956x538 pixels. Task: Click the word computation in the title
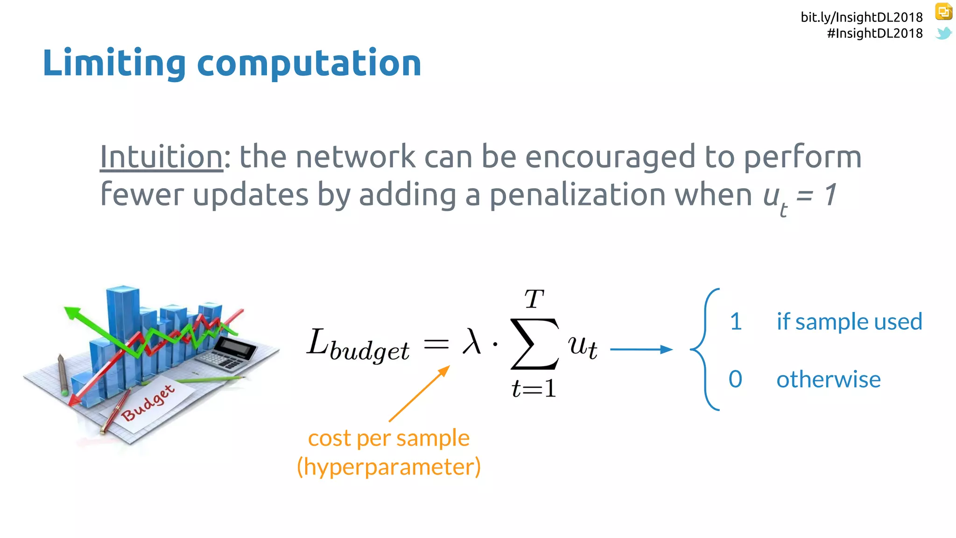click(309, 64)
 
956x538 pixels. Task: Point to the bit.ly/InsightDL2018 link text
click(861, 17)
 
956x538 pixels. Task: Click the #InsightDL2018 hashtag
click(874, 33)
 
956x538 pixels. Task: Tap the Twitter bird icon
click(943, 33)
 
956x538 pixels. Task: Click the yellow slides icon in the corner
click(943, 12)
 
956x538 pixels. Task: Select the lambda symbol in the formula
click(471, 342)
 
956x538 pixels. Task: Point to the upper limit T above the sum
click(534, 299)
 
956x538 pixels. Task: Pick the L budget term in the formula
click(358, 346)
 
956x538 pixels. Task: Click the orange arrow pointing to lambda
click(419, 394)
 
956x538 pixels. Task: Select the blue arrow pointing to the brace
click(641, 349)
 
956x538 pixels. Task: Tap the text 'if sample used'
click(849, 322)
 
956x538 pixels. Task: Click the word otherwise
click(828, 379)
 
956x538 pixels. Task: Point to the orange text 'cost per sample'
click(388, 438)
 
